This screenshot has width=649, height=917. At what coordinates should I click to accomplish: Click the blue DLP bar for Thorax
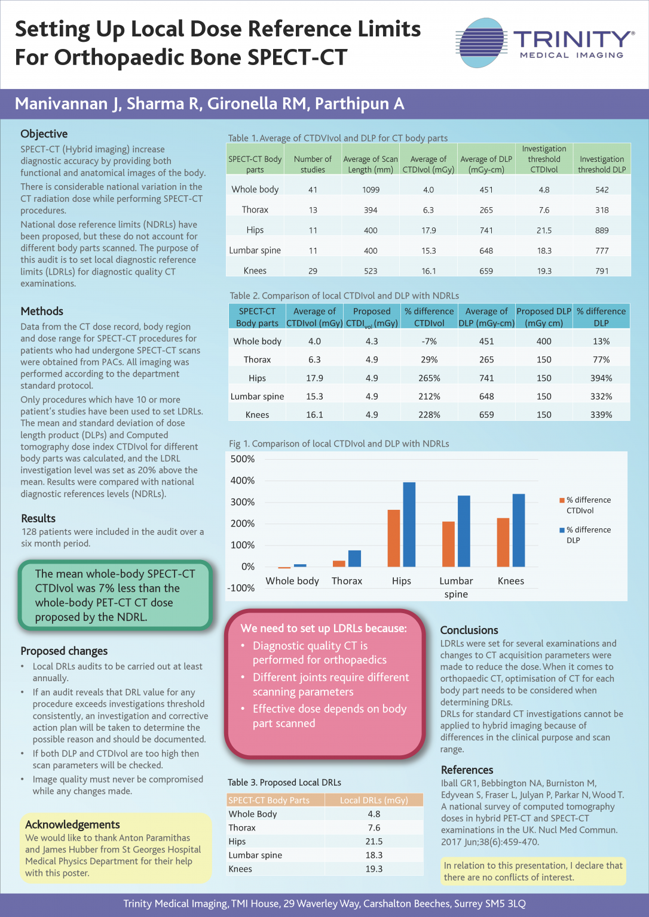point(354,558)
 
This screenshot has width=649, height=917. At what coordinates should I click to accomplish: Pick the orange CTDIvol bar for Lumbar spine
point(448,544)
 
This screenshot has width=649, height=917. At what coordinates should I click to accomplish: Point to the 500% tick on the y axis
point(243,459)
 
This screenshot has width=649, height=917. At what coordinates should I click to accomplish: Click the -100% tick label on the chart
point(241,588)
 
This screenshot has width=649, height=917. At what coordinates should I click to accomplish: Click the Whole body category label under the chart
point(292,581)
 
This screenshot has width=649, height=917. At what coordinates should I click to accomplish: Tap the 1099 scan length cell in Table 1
point(371,190)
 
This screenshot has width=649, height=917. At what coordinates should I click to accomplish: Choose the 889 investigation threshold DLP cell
point(602,230)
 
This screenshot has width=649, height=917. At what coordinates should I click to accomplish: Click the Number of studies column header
point(313,164)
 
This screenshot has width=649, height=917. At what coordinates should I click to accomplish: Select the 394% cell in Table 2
point(601,378)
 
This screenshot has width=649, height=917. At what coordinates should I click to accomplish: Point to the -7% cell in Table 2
point(429,341)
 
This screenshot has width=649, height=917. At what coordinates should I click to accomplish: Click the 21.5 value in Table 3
point(374,841)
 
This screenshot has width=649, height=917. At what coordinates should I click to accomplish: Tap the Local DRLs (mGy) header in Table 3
point(374,800)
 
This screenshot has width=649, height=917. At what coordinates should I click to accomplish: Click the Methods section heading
point(42,311)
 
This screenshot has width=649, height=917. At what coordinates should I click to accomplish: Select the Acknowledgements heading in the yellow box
point(72,824)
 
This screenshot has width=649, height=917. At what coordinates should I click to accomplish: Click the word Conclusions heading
point(469,630)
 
